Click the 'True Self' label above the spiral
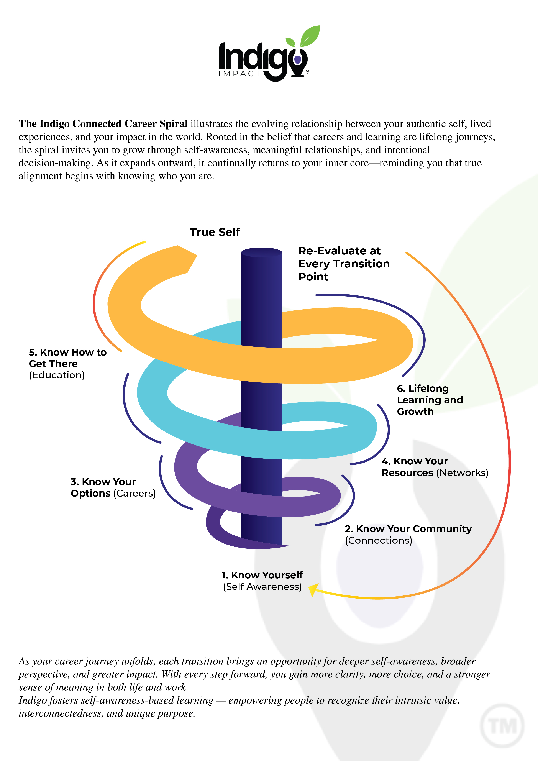coord(215,232)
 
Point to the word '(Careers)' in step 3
coord(134,494)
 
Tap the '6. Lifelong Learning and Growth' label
coord(430,400)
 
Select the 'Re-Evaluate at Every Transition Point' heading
coord(344,264)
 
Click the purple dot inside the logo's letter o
coord(298,60)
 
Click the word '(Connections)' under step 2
coord(379,541)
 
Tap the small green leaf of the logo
coord(290,42)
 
